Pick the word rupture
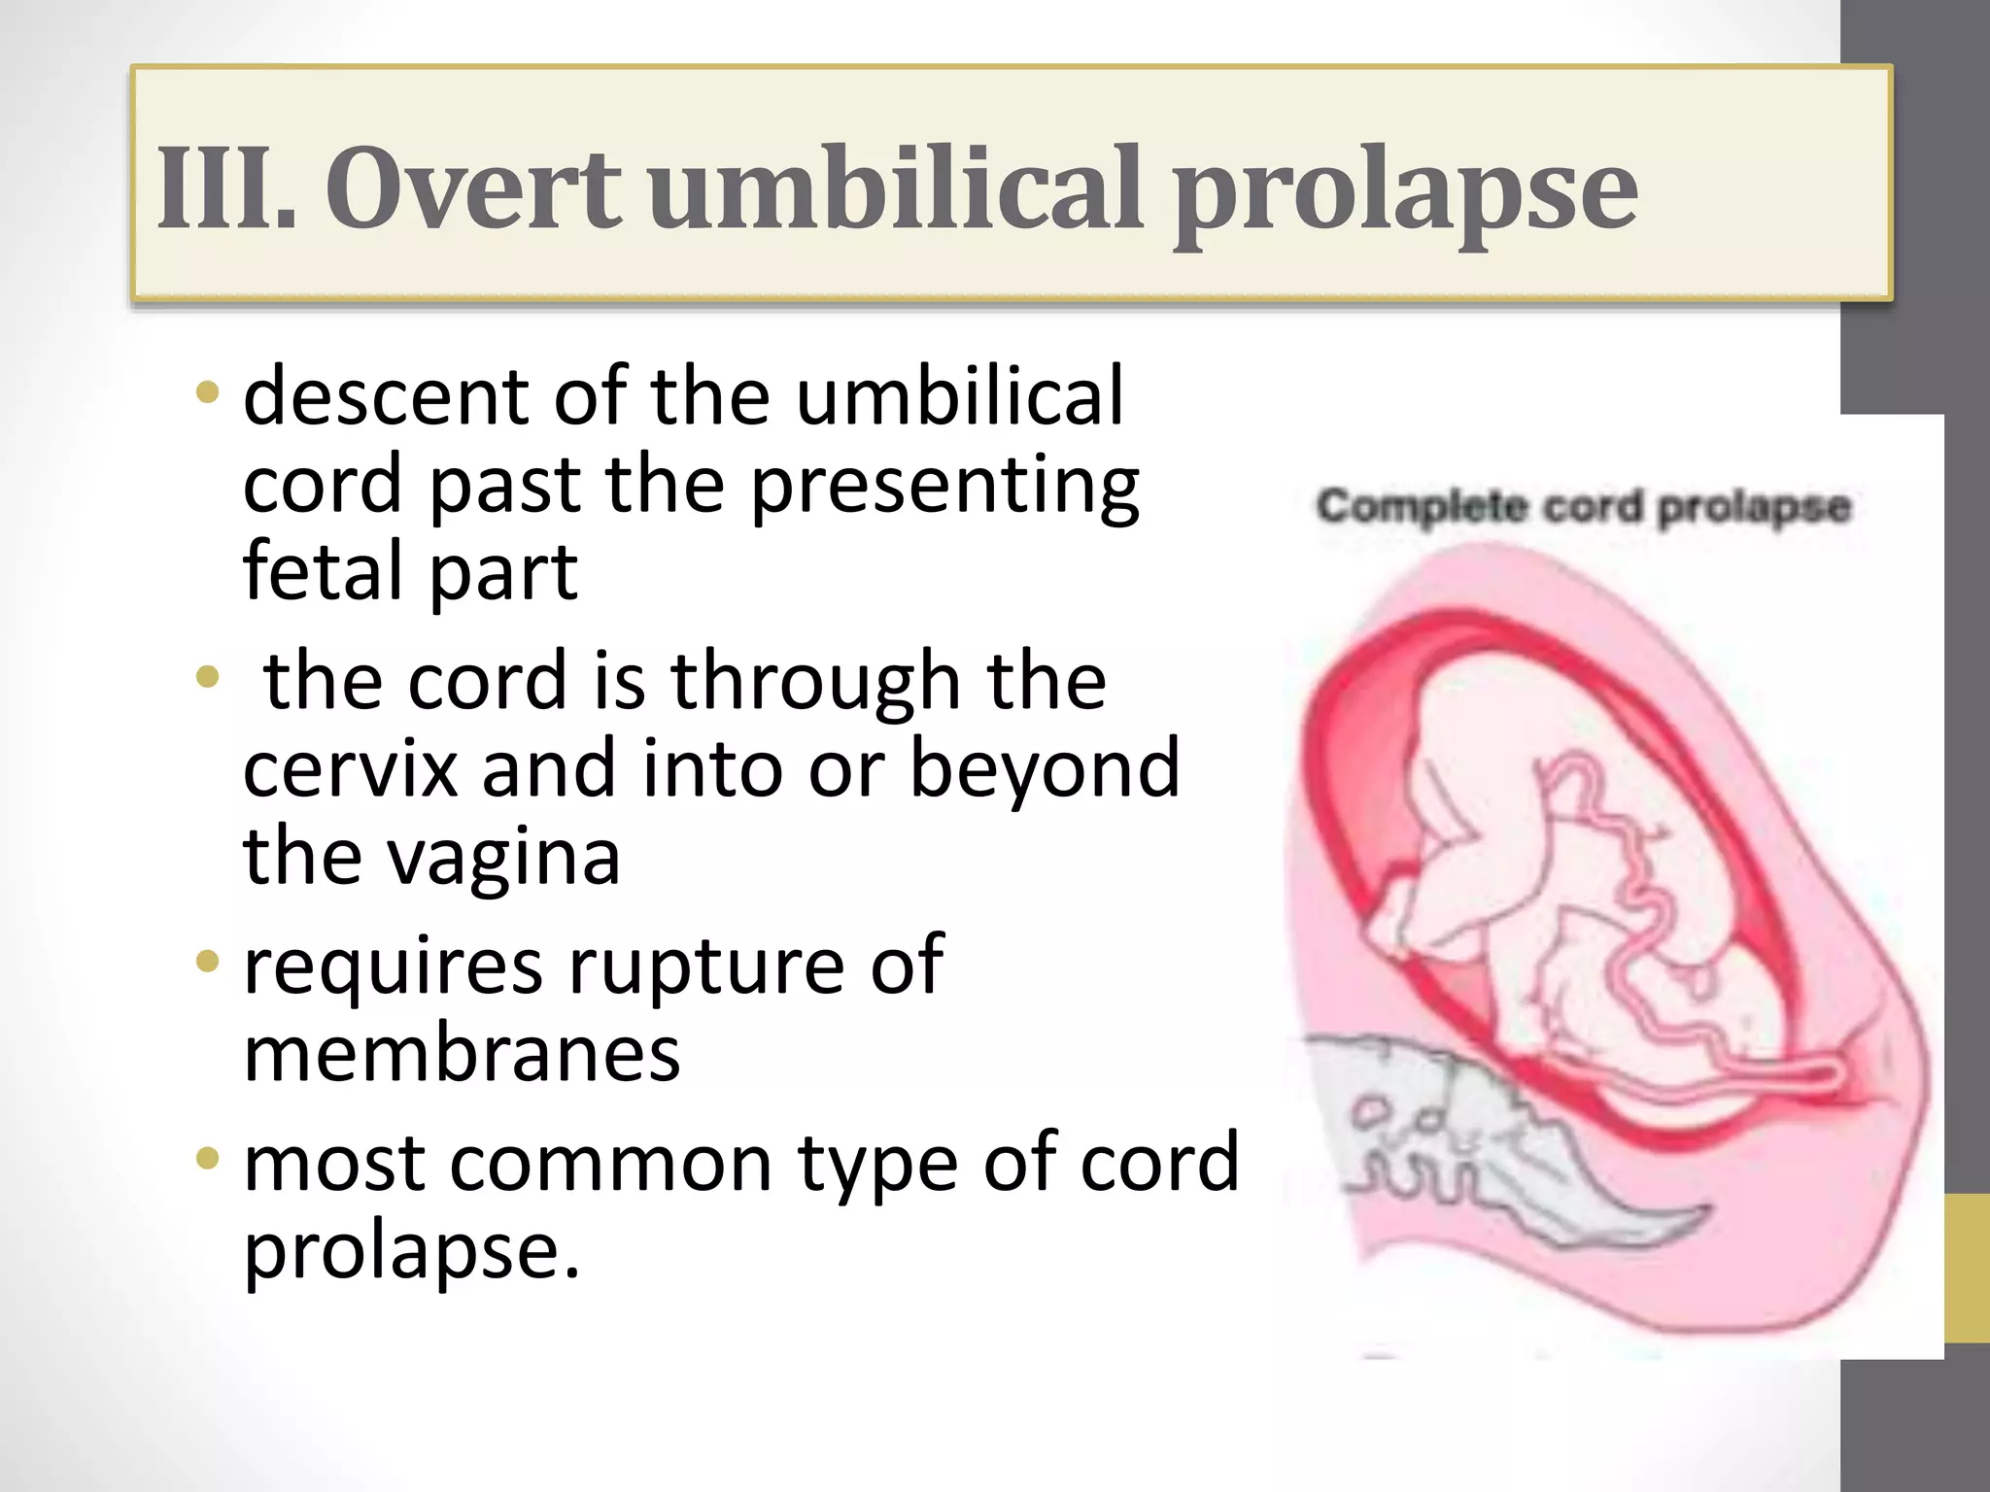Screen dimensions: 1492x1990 705,966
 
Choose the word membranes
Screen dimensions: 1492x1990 462,1055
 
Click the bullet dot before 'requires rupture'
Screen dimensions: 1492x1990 207,962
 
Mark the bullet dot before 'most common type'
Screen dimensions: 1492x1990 207,1158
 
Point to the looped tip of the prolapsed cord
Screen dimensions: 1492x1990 1827,1073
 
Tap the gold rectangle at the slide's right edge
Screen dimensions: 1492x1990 1967,1269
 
